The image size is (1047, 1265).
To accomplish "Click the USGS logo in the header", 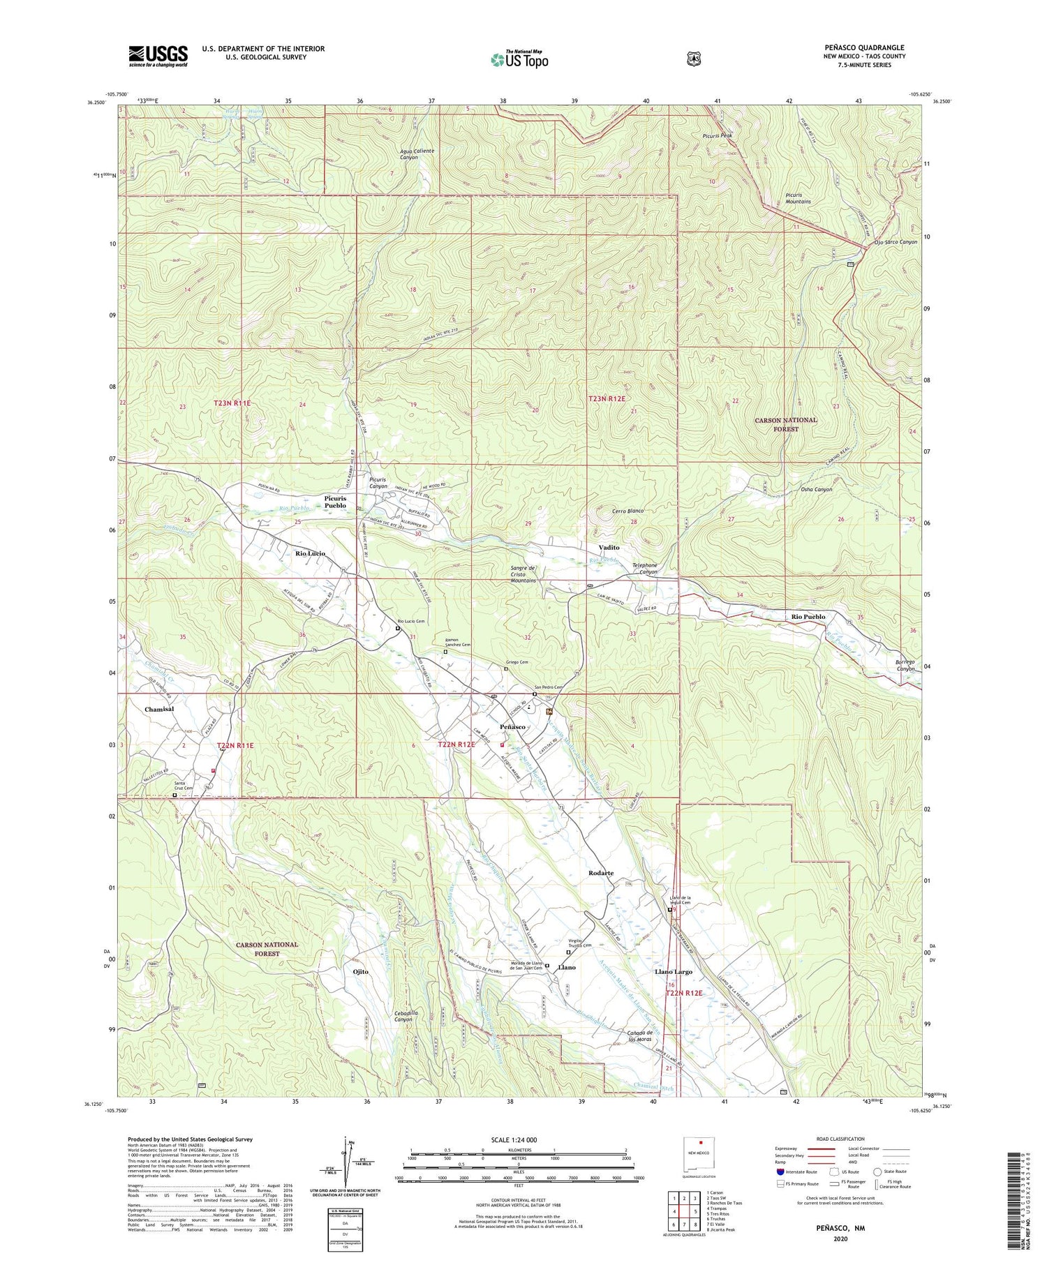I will tap(158, 56).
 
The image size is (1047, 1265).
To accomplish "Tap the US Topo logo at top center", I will tap(519, 59).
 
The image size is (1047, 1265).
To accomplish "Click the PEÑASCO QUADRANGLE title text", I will tap(864, 47).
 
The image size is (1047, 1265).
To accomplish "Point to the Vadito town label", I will tap(609, 548).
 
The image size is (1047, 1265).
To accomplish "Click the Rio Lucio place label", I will tap(310, 553).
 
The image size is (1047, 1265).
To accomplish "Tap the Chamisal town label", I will tap(159, 709).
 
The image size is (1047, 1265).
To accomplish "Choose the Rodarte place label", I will tap(601, 873).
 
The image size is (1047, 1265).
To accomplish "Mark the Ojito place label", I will tap(361, 971).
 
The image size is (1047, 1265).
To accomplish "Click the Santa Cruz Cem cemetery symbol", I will tap(174, 794).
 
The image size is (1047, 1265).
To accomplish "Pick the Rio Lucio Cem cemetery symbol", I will tap(398, 628).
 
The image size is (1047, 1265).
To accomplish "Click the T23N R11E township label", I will tap(232, 403).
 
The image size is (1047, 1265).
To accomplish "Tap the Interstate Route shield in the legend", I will tap(780, 1172).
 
